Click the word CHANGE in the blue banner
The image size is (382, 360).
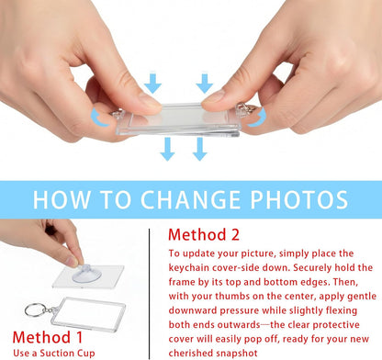tap(190, 200)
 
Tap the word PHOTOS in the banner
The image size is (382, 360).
tap(299, 200)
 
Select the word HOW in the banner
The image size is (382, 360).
tap(62, 200)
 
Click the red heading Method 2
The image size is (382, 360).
tap(204, 235)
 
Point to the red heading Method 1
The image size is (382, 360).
tap(48, 337)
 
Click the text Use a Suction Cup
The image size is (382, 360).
tap(54, 354)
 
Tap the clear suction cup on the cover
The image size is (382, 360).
tap(86, 274)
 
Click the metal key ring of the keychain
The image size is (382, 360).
tap(36, 309)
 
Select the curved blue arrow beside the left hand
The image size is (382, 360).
tap(99, 118)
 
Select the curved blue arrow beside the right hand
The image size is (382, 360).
tap(258, 118)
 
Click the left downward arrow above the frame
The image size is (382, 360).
tap(152, 84)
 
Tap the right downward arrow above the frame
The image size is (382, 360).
tap(205, 84)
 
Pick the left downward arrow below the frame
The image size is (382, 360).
tap(167, 149)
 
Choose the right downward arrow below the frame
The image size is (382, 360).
tap(200, 149)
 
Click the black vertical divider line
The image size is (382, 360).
tap(150, 294)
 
